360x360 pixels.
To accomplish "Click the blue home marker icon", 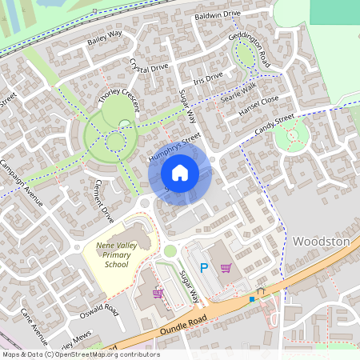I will pos(180,172).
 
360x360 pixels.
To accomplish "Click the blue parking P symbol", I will pos(203,268).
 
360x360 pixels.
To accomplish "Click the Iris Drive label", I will pos(208,78).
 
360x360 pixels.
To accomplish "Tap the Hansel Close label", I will pos(258,104).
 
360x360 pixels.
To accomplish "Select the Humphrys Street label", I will pos(174,149).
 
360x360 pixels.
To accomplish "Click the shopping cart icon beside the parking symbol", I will pos(226,268).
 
